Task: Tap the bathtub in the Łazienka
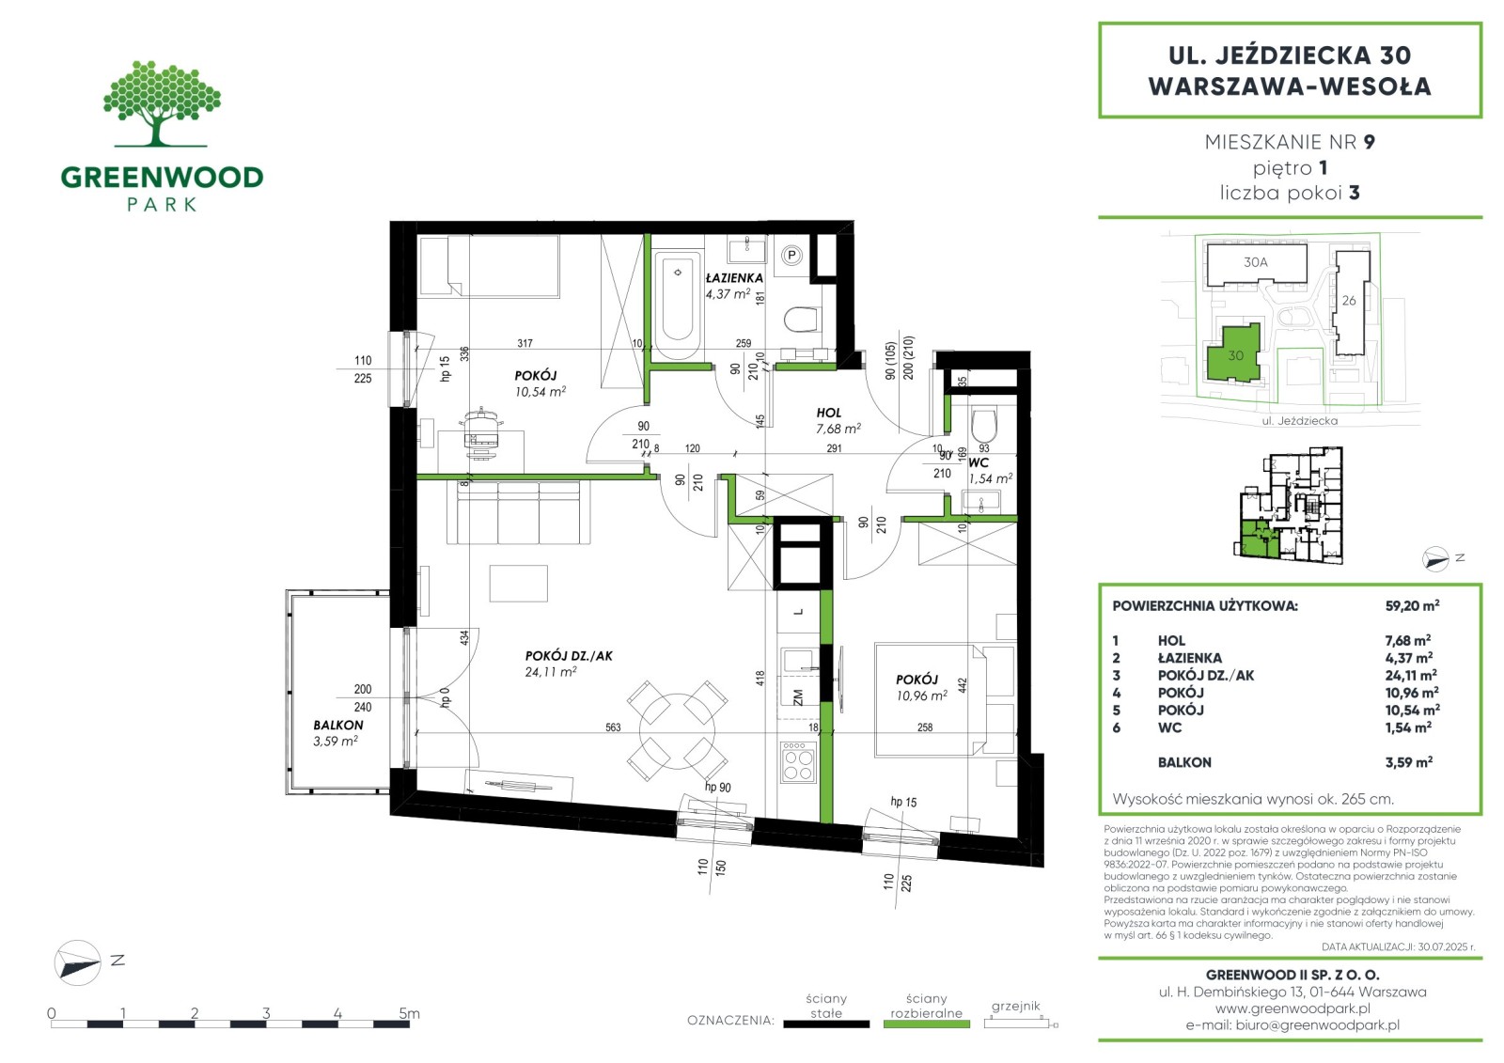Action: pos(678,300)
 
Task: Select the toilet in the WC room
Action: pos(984,425)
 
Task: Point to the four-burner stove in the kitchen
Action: pos(798,762)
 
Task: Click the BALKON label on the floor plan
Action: pos(337,726)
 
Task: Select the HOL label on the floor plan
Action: pos(828,413)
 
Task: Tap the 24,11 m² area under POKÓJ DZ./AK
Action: pos(551,671)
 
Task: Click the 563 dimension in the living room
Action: pos(613,727)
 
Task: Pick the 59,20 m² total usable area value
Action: pos(1412,605)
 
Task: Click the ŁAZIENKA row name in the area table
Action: pos(1190,658)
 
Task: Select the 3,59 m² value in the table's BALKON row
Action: pos(1409,762)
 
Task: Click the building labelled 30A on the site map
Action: pos(1256,264)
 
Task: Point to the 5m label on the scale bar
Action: pos(409,1013)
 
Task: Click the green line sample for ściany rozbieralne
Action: pos(927,1024)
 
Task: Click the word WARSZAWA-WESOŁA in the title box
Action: pos(1290,86)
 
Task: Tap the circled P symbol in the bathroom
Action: pos(792,255)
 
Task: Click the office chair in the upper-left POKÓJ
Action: pos(480,434)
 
